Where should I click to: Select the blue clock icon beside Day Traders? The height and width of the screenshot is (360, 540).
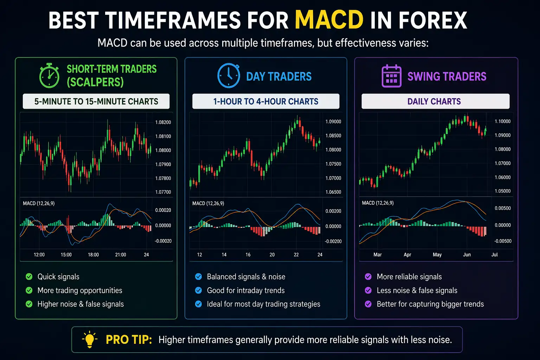pos(229,76)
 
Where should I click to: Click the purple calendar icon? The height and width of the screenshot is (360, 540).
pos(391,76)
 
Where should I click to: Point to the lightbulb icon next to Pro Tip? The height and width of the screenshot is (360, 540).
pos(90,339)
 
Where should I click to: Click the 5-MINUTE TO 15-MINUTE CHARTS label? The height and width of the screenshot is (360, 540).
pos(96,102)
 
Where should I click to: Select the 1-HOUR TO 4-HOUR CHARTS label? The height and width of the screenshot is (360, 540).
pos(265,102)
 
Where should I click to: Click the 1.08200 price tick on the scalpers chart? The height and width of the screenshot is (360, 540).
pos(163,122)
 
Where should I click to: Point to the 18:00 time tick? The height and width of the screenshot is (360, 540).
pos(93,255)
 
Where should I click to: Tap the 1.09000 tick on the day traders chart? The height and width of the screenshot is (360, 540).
pos(333,122)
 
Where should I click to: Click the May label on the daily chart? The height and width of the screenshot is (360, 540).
pos(437,255)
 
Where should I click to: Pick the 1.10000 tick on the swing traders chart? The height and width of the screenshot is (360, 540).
pos(502,121)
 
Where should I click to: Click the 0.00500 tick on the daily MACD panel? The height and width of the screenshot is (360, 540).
pos(502,208)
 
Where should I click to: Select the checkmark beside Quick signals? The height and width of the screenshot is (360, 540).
pos(29,277)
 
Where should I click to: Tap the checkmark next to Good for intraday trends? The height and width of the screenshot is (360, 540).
pos(199,290)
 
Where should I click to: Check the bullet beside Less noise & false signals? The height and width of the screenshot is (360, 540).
pos(368,290)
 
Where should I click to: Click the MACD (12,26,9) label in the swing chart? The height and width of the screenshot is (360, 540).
pos(378,203)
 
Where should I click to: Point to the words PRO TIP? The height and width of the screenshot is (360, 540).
pos(129,340)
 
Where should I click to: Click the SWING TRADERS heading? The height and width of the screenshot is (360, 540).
pos(446,76)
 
